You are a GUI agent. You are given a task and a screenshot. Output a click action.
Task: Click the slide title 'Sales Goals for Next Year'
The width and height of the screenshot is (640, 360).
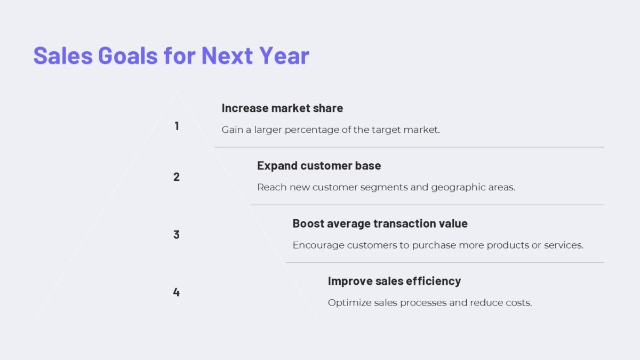171,55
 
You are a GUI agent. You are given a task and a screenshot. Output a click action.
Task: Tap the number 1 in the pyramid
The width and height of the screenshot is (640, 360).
177,126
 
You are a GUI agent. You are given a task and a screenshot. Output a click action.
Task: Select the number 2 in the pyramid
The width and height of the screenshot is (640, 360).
177,177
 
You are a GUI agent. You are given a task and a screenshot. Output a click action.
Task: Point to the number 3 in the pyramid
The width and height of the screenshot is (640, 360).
177,235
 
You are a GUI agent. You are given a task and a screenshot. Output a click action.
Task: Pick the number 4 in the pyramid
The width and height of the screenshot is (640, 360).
177,292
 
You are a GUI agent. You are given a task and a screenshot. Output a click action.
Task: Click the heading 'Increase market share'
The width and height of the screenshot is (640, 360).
282,108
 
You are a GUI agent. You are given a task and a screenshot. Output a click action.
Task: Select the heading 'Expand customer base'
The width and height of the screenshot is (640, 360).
319,166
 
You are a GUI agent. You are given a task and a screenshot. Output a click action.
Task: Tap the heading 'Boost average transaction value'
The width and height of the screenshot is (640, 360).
380,223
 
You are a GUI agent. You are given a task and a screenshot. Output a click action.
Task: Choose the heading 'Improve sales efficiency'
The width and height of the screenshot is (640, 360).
394,281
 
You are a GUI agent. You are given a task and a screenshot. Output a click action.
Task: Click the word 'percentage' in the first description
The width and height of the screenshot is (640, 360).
311,130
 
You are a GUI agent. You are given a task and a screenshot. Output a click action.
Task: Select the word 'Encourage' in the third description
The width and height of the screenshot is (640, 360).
318,245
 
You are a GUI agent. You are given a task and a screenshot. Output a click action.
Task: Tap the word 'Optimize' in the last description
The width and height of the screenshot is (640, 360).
349,303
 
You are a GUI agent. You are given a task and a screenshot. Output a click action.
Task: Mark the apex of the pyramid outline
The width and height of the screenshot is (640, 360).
177,92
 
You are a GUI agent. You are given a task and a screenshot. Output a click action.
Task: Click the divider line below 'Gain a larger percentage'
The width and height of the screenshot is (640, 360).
409,147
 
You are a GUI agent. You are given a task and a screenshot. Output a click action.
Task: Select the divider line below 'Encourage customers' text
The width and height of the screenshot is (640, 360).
444,262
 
